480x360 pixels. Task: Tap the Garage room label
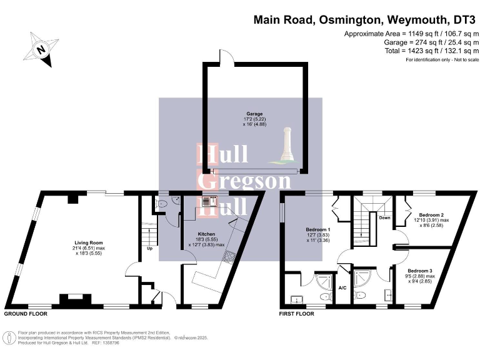click(x=254, y=114)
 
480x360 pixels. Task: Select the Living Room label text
click(x=87, y=242)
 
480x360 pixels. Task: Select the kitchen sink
click(x=209, y=201)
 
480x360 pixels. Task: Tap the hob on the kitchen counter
click(x=231, y=256)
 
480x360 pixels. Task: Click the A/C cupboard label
click(x=342, y=288)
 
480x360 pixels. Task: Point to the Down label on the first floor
click(x=385, y=218)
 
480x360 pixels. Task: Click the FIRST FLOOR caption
click(x=297, y=314)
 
